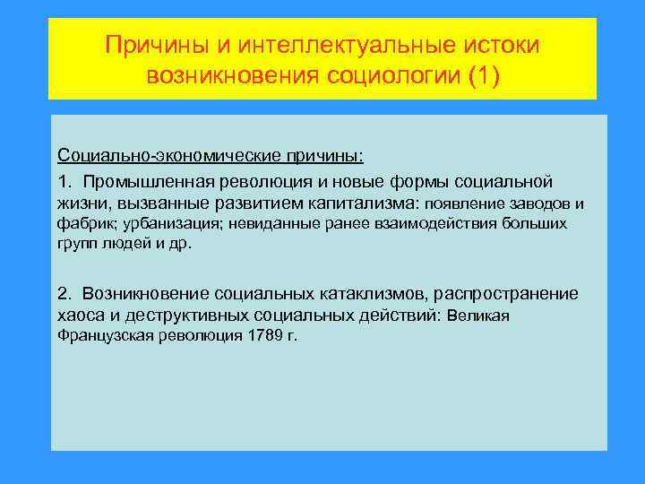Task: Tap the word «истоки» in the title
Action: coord(503,44)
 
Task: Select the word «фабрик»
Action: coord(83,224)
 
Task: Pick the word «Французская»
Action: coord(104,336)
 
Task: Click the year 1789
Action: coord(259,336)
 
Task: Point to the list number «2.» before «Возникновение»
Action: coord(64,293)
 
